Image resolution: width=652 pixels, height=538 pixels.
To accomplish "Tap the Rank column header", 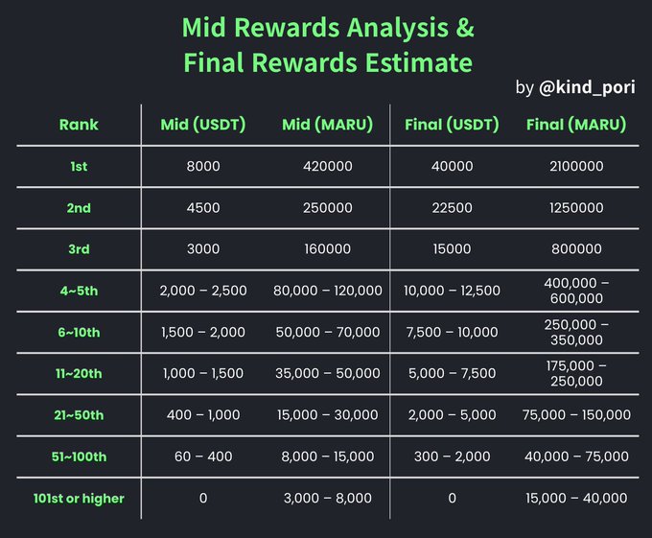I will coord(79,125).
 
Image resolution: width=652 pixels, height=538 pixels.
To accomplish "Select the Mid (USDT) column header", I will coord(203,125).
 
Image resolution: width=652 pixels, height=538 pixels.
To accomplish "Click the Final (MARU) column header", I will coord(576,125).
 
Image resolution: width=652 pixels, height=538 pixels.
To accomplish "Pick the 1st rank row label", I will coord(79,167).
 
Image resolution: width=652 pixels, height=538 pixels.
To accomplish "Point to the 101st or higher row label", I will coord(79,498).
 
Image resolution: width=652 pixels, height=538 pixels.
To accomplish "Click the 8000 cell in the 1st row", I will coord(203,167).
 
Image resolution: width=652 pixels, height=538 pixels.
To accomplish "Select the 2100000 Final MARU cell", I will coord(576,167).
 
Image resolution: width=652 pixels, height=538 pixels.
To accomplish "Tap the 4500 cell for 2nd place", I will coord(203,208).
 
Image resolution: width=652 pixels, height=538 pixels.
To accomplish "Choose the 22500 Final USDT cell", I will coord(452,208).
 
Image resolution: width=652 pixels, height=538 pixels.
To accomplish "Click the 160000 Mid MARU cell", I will coord(328,249).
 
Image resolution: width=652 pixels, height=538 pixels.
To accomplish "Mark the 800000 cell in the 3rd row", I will coord(576,249).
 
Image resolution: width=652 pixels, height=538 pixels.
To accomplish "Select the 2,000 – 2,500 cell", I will coord(203,291).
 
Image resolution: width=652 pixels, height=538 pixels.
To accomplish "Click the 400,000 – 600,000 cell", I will coord(576,291).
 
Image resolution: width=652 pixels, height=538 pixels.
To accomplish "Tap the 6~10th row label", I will coord(79,333).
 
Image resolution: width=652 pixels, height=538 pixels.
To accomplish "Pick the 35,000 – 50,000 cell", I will coord(328,374).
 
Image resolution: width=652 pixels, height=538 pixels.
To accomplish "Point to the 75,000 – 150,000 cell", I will coord(576,415).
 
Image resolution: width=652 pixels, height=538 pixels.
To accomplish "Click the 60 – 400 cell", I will coord(203,456).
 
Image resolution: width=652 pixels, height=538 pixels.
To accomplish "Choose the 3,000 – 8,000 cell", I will coord(328,498).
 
